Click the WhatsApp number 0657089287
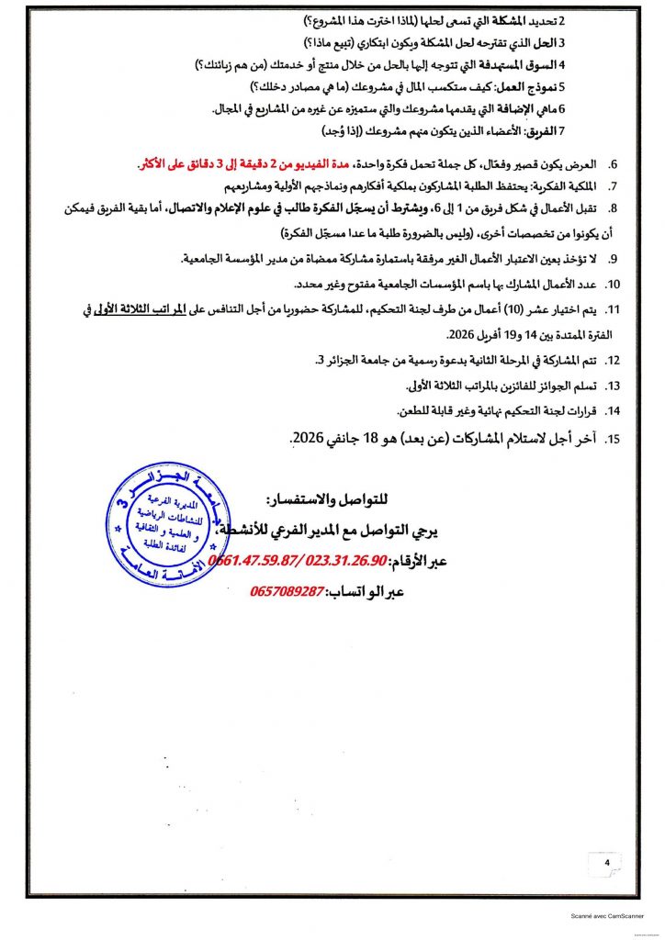[x=287, y=592]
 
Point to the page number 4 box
[x=607, y=864]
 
